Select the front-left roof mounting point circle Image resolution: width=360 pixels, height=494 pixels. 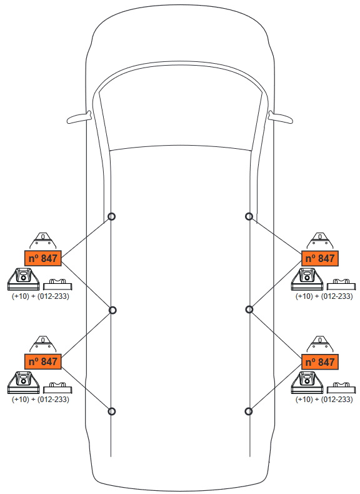coord(111,216)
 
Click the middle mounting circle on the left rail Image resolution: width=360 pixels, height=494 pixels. coord(112,310)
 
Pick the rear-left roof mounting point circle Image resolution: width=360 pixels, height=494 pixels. coord(111,411)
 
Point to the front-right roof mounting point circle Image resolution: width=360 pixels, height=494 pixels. coord(249,216)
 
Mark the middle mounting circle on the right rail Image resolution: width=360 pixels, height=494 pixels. coord(249,310)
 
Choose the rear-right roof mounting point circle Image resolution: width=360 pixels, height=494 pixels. coord(249,411)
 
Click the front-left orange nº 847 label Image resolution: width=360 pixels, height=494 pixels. coord(43,258)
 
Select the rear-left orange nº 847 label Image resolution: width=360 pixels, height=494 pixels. coord(43,361)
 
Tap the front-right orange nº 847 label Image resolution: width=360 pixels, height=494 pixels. coord(320,258)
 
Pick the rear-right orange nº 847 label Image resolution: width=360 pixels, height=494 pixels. coord(320,361)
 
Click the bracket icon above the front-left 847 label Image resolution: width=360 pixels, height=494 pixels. coord(42,241)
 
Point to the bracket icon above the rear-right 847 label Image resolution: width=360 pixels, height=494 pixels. coord(320,345)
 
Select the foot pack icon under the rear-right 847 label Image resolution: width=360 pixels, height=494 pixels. coord(307,383)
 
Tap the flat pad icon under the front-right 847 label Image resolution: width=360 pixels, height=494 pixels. coord(341,284)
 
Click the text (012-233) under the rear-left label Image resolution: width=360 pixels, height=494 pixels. coord(53,400)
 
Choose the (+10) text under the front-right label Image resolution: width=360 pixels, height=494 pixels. coord(304,296)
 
